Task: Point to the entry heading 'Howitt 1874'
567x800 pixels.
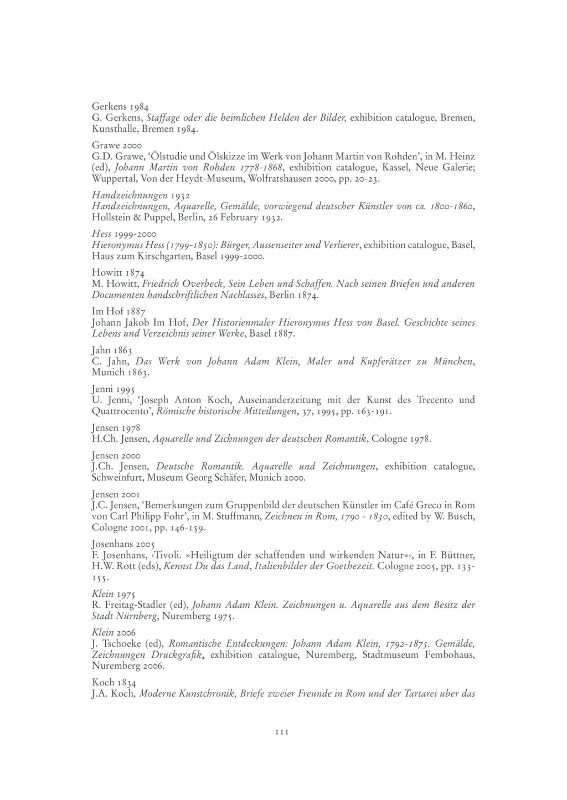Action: [x=118, y=272]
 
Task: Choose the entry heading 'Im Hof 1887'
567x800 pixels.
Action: [x=118, y=311]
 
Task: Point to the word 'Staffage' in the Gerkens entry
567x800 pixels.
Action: [x=163, y=118]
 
